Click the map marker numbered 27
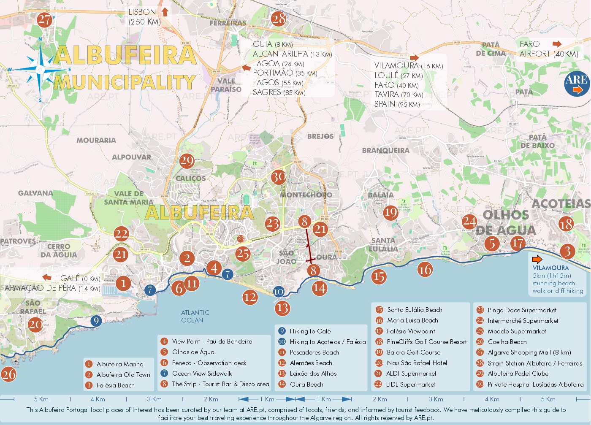44,19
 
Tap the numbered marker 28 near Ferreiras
279,19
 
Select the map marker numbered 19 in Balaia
390,212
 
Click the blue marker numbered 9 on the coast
96,321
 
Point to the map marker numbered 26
8,374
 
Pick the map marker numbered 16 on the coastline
425,269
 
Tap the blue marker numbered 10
279,291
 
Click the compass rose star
41,70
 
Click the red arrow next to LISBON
165,12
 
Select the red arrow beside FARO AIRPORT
557,44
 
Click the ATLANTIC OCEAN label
195,316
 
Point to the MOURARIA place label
96,140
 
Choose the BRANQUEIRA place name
385,150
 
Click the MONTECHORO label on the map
306,195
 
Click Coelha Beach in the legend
507,342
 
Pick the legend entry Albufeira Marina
120,364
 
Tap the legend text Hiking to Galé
310,331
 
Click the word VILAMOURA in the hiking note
550,268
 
